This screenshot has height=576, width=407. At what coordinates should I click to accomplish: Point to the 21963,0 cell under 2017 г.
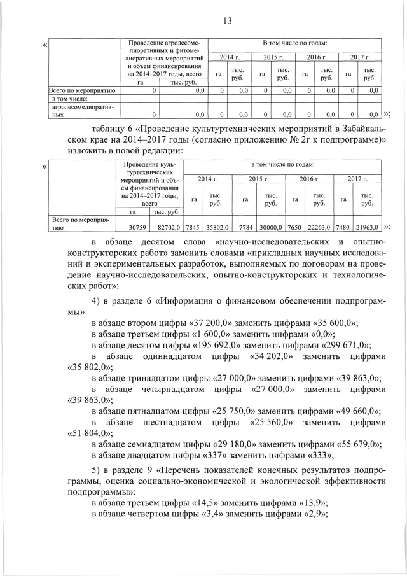[366, 227]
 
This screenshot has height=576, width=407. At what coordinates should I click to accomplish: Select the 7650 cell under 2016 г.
[294, 227]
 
